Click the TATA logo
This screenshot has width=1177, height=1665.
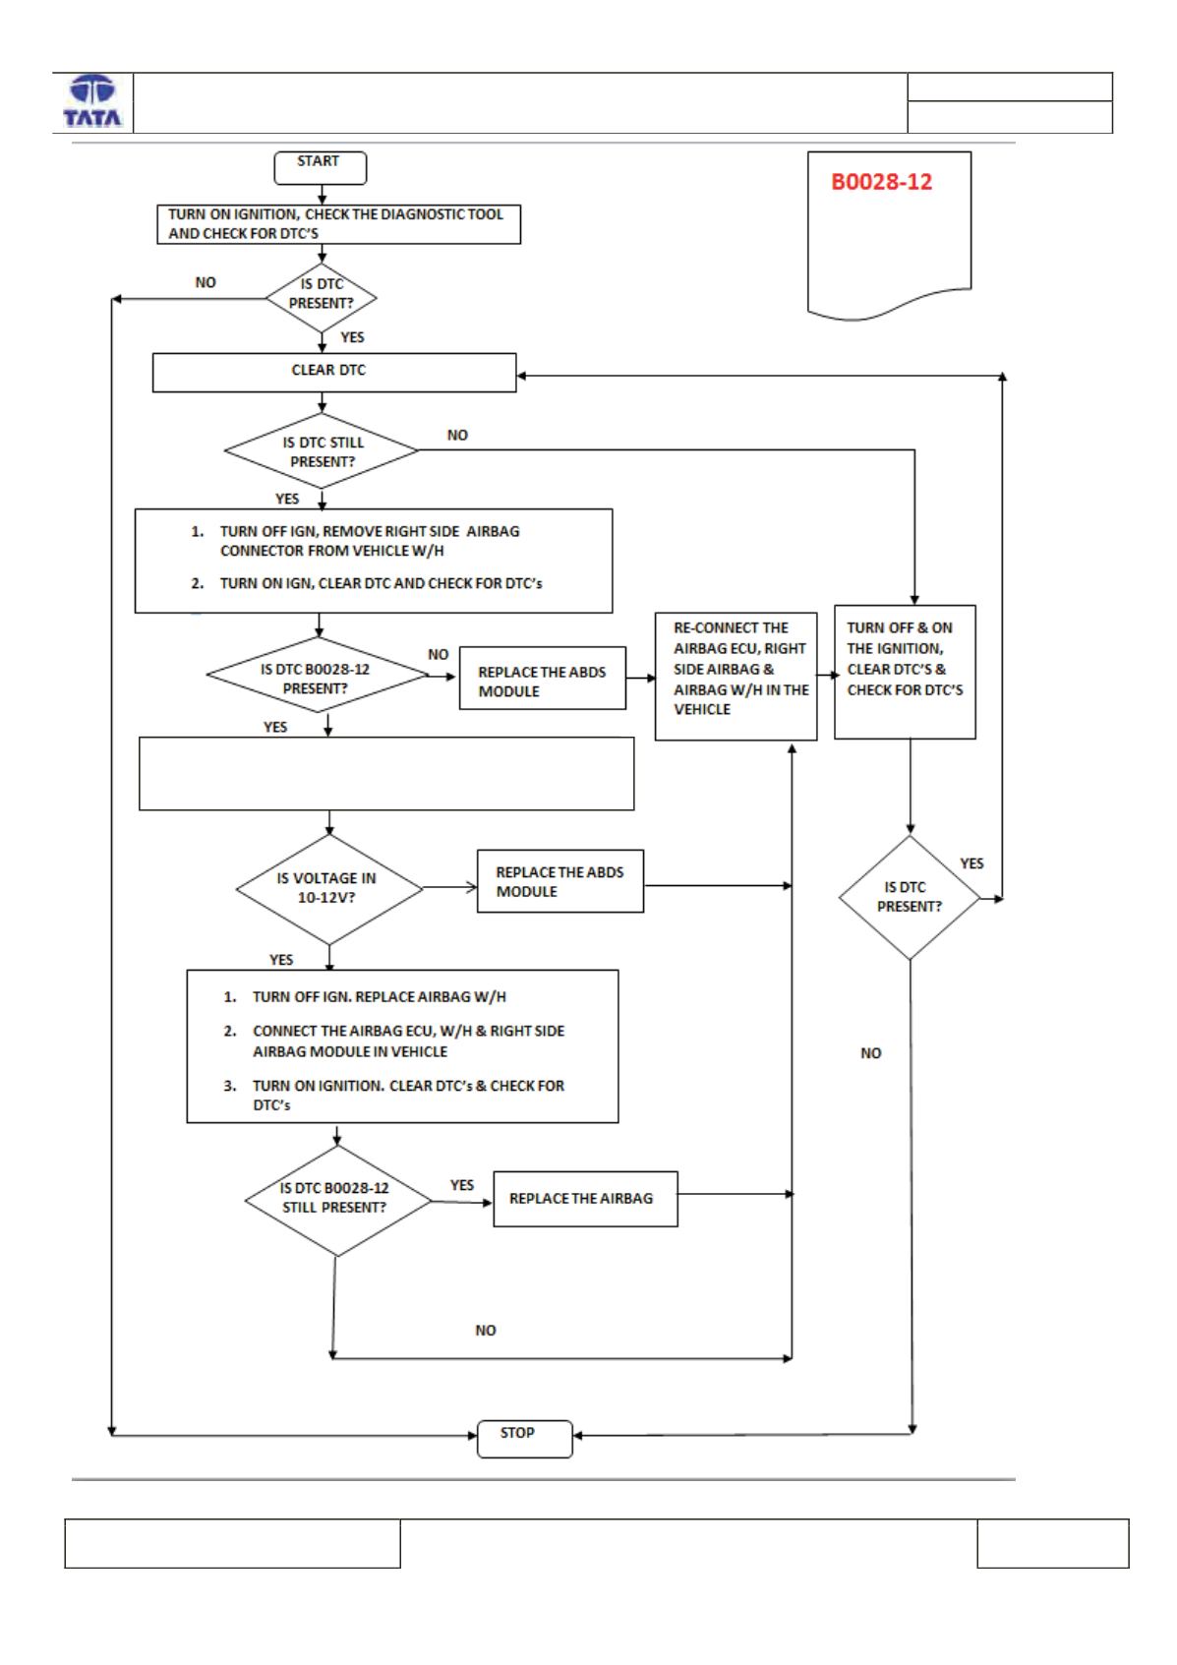[x=92, y=102]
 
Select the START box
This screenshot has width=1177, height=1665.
[x=321, y=168]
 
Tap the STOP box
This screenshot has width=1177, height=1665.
[x=525, y=1438]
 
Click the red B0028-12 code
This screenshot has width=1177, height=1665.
[x=881, y=182]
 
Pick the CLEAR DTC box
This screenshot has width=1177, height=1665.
[x=334, y=373]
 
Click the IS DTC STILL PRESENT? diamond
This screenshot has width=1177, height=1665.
[x=322, y=451]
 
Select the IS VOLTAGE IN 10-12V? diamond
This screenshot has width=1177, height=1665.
[x=329, y=889]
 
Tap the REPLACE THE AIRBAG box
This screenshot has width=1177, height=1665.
[x=585, y=1199]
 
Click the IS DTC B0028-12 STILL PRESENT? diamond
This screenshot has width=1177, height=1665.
[x=337, y=1201]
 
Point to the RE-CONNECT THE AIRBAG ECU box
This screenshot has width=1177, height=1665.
[x=736, y=677]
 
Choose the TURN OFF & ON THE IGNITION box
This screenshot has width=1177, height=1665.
[x=905, y=672]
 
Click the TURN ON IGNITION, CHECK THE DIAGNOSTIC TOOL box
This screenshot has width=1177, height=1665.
[x=339, y=224]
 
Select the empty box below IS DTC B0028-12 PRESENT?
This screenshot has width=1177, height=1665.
[x=386, y=774]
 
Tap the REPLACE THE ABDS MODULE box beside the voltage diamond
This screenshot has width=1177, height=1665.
[x=560, y=881]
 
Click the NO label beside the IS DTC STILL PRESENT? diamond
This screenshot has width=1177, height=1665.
[x=458, y=435]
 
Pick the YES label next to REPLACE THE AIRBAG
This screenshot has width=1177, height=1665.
[x=462, y=1185]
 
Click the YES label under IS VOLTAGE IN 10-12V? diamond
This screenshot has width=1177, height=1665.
[x=281, y=960]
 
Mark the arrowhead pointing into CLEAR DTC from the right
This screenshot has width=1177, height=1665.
[x=521, y=376]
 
